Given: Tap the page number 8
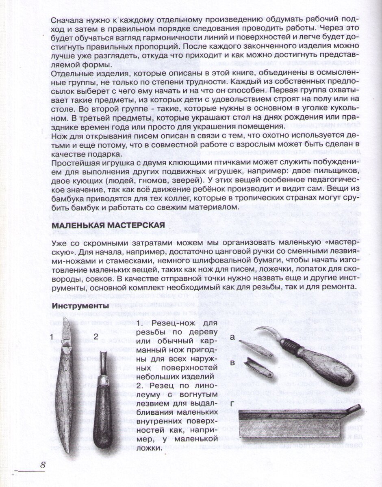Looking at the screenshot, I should click(x=42, y=465).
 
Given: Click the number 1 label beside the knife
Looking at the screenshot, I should click(x=52, y=336).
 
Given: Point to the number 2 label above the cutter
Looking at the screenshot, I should click(x=96, y=336).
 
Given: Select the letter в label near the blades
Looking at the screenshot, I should click(x=232, y=362).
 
